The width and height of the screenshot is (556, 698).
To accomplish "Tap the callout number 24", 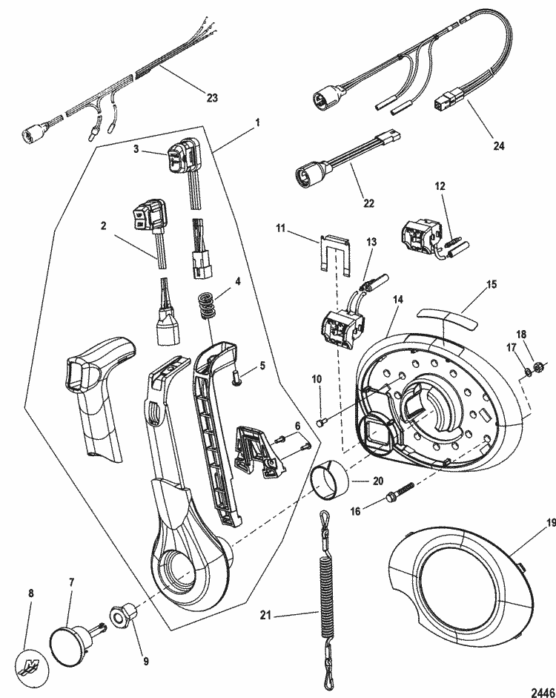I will (x=499, y=145).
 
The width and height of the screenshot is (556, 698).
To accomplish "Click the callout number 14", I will (x=398, y=300).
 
